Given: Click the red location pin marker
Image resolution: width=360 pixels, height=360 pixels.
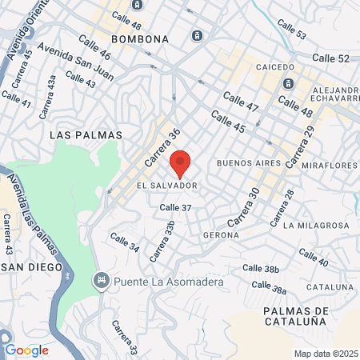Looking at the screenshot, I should point(180,163).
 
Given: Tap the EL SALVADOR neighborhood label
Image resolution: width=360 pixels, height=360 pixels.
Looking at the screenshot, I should point(167,186).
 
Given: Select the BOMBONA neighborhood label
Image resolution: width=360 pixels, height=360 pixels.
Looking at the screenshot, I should point(140,38).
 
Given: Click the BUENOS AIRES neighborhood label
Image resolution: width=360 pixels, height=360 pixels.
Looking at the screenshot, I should point(249,162).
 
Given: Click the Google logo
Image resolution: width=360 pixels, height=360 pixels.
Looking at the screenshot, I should point(26,350).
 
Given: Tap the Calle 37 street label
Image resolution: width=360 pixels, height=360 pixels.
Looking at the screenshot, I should point(175,207).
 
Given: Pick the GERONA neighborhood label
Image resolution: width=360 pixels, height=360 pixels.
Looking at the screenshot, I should point(222,235).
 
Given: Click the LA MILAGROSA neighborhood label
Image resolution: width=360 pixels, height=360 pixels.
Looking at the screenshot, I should point(316,226).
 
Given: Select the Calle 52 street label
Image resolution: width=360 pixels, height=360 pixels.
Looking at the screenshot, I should point(331,58).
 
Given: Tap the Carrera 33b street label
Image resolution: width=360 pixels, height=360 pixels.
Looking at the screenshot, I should point(164,238).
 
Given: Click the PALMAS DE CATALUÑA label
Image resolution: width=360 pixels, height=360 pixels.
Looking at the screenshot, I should point(294,315).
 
